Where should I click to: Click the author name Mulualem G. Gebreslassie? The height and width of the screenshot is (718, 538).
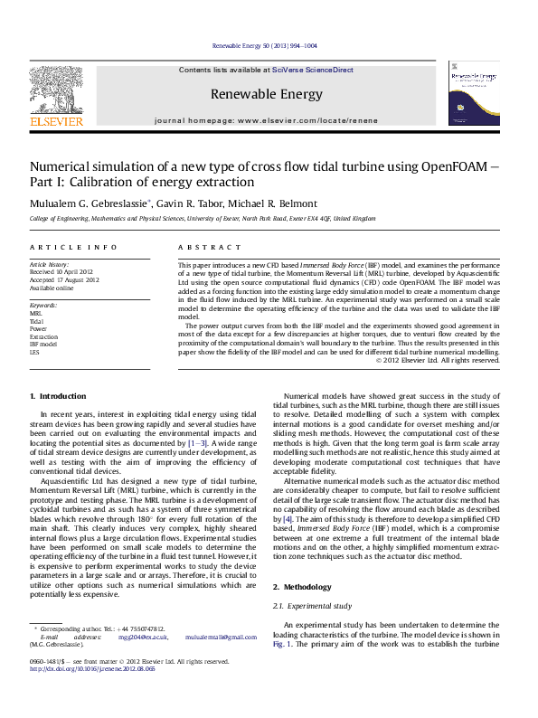coord(79,203)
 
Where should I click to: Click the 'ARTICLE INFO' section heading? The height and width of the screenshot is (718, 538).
coord(73,247)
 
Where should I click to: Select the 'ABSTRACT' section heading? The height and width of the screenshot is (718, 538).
coord(203,247)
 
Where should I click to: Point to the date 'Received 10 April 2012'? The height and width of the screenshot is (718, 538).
coord(61,271)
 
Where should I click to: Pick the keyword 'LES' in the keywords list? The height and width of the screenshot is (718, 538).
coord(35,352)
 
